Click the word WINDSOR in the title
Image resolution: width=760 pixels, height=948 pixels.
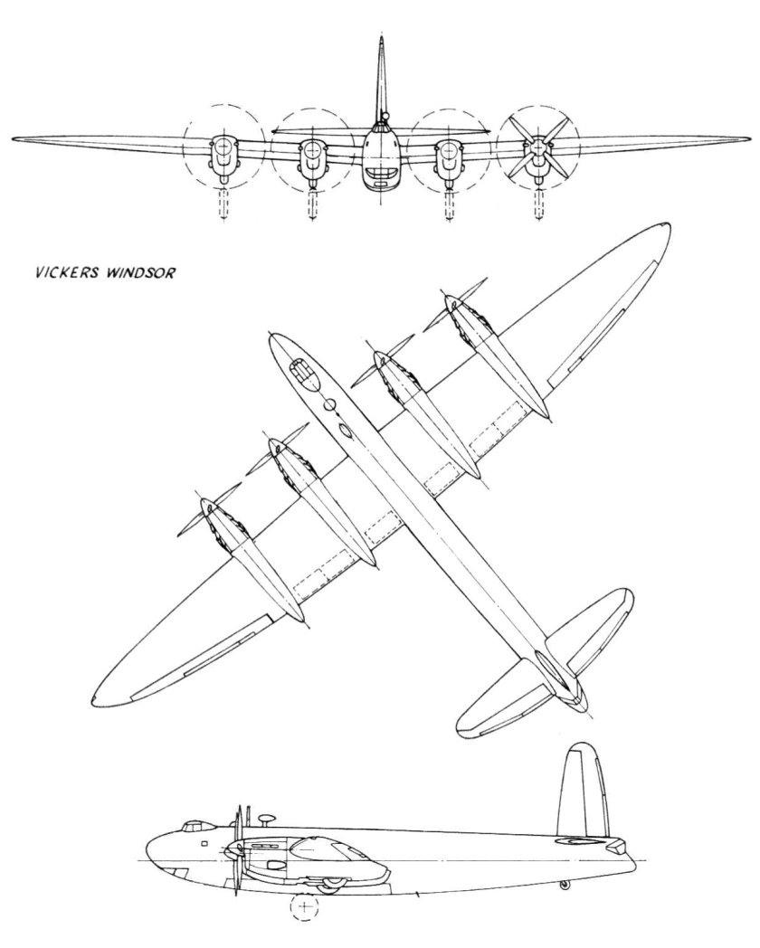(145, 270)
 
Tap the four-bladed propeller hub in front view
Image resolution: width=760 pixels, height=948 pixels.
(540, 146)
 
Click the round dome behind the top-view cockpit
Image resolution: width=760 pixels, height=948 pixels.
(330, 404)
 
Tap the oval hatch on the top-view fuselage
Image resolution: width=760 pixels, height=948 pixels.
(346, 431)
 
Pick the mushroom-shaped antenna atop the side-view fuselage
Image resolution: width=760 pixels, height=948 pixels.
(265, 820)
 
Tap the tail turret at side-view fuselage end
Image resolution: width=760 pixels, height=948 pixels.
(618, 847)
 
